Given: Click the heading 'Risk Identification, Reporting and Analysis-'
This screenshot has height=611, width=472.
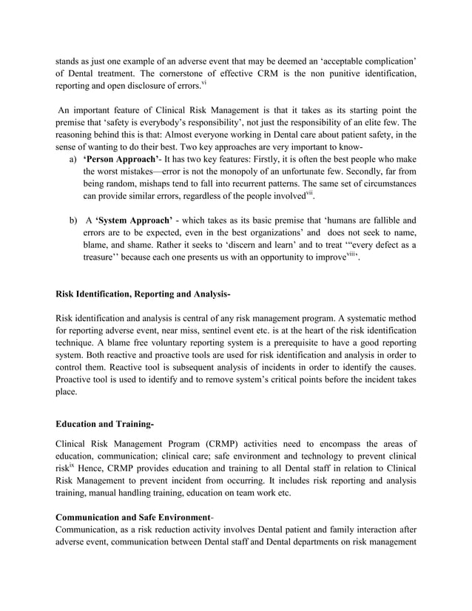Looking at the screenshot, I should coord(144,295).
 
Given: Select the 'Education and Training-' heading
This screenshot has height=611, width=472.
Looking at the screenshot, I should coord(105,424).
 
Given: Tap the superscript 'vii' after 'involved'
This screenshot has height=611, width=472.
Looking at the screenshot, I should coord(311,194).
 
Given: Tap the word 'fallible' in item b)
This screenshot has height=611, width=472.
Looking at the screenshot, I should coord(380,220).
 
